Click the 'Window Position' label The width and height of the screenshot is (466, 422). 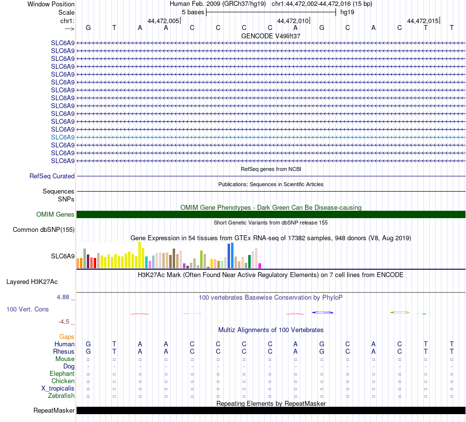point(51,4)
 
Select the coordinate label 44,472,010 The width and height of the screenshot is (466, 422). point(293,21)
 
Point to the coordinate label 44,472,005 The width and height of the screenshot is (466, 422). point(163,21)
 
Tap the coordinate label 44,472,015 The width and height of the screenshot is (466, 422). point(423,21)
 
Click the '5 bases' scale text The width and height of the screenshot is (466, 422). point(193,12)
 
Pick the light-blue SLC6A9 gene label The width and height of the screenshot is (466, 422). point(63,137)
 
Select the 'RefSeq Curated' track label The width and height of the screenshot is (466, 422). point(52,176)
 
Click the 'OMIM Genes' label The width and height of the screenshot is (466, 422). point(55,214)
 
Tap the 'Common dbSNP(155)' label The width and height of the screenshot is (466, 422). point(44,229)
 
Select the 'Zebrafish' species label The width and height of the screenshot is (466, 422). point(61,395)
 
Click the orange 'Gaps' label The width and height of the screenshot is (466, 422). point(67,337)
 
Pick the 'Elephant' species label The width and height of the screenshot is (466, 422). point(62,373)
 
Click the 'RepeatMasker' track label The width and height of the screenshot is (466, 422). point(54,410)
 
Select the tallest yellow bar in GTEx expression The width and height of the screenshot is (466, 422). point(140,255)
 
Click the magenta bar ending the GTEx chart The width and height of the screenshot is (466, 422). point(260,266)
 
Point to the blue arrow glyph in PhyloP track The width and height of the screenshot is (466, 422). point(323,312)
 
